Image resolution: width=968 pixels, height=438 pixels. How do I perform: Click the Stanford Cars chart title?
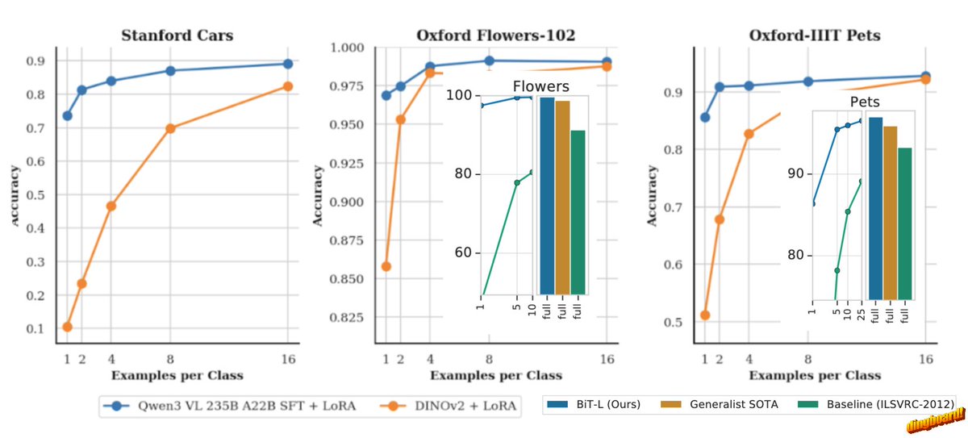pyautogui.click(x=177, y=35)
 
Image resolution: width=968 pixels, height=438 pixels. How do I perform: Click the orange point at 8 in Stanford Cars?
pyautogui.click(x=170, y=128)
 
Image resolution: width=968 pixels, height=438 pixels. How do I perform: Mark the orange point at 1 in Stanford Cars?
pyautogui.click(x=67, y=327)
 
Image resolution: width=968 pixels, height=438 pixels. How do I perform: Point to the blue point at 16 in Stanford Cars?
pyautogui.click(x=287, y=64)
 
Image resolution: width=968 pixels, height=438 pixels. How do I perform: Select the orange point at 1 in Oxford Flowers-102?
pyautogui.click(x=386, y=266)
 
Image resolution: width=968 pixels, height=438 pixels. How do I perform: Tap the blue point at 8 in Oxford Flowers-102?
pyautogui.click(x=489, y=60)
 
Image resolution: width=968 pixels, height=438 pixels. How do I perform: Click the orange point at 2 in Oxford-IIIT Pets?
pyautogui.click(x=720, y=219)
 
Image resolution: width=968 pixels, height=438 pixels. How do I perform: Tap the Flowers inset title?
pyautogui.click(x=541, y=86)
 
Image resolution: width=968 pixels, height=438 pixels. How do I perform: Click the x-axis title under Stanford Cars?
pyautogui.click(x=177, y=375)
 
